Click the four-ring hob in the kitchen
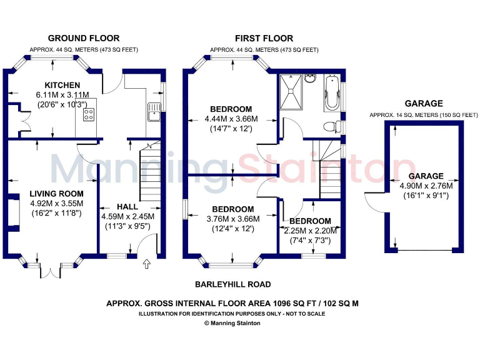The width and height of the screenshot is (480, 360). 89,114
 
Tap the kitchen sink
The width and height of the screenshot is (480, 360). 153,113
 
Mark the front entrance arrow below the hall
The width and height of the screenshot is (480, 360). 147,264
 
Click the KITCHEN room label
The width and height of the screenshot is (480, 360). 62,85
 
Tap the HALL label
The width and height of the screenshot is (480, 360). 127,207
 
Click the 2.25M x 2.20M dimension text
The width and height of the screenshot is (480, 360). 310,231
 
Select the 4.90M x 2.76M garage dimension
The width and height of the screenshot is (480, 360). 426,186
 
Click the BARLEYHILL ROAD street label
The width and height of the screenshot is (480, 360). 233,284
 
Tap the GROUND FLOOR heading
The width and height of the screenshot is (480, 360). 83,38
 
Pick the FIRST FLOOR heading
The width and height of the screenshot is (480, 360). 264,38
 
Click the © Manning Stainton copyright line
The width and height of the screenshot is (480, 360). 232,323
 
